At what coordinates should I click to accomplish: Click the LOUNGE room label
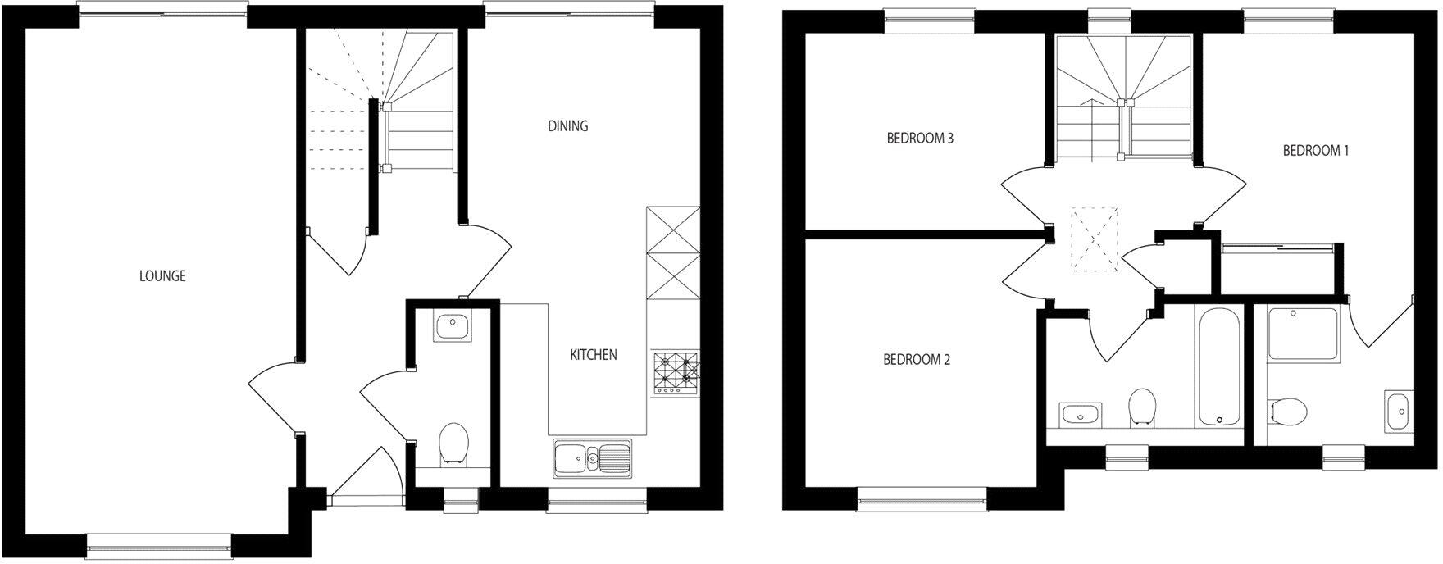[162, 276]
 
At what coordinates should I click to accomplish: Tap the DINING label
[568, 126]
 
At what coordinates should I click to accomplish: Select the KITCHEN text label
[594, 355]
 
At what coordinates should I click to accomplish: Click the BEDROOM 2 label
[917, 359]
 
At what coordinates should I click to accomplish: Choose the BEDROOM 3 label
[919, 139]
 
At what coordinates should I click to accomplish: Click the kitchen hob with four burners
[676, 373]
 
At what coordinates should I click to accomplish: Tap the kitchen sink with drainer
[591, 457]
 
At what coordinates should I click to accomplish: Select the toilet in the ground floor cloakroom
[453, 443]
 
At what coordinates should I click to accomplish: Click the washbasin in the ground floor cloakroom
[453, 328]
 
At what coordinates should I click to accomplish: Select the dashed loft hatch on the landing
[1095, 239]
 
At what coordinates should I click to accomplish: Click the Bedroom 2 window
[922, 499]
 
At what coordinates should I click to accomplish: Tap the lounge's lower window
[159, 544]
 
